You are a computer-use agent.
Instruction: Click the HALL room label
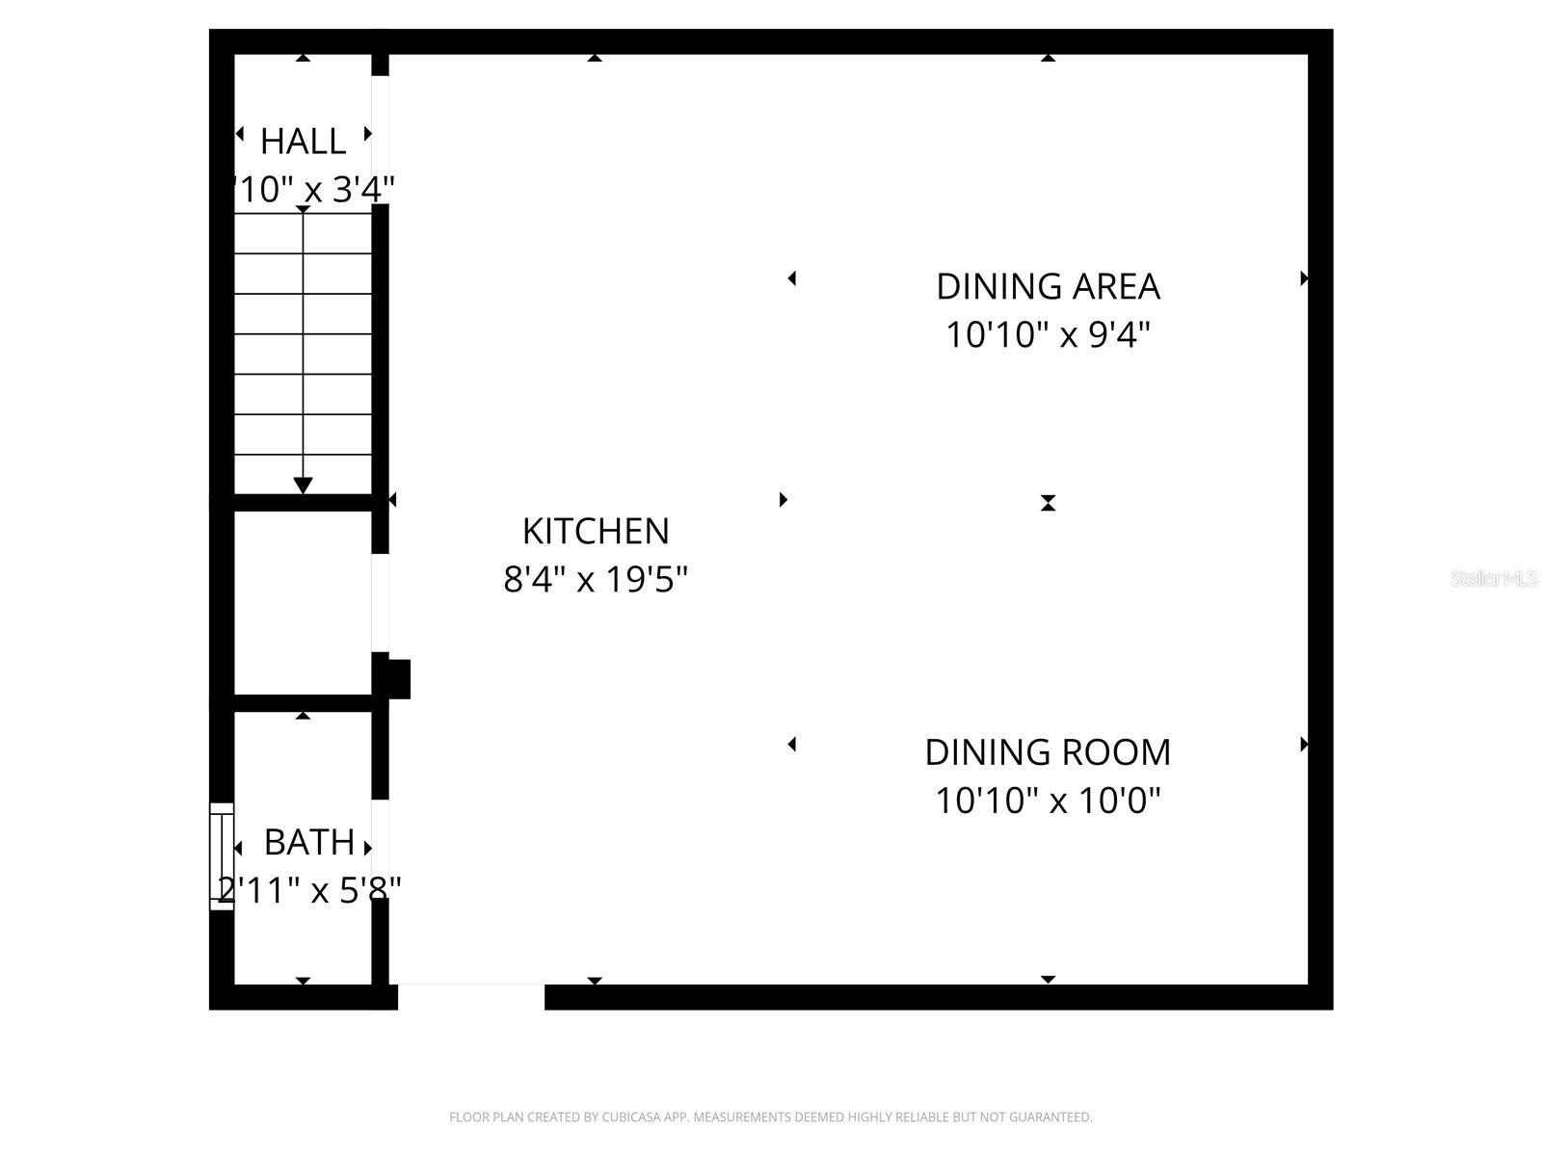pos(303,142)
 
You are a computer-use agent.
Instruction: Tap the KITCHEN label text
pos(595,531)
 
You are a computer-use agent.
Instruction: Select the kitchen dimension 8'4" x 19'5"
pos(595,580)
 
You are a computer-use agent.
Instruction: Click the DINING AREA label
pos(1048,286)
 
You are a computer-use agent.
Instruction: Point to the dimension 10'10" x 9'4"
pos(1048,335)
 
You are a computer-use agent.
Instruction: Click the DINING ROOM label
pos(1048,752)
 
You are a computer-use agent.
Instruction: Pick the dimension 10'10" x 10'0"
pos(1048,801)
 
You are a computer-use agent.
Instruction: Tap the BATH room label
pos(308,842)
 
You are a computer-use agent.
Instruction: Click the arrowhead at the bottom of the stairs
pos(303,486)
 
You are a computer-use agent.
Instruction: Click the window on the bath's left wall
pos(222,855)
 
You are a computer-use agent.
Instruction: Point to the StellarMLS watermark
pos(1493,578)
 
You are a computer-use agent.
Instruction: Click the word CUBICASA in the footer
pos(633,1117)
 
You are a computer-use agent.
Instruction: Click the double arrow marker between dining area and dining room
pos(1048,503)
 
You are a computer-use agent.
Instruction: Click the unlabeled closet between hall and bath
pos(303,602)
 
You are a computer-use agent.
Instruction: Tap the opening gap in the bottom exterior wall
pos(470,996)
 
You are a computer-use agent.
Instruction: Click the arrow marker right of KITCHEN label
pos(783,499)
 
